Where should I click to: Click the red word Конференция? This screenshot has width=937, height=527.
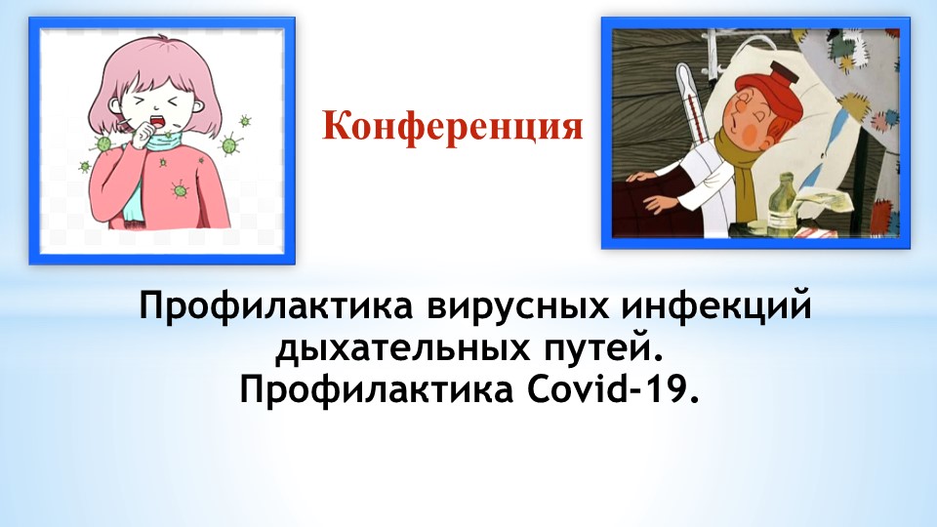(x=453, y=127)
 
